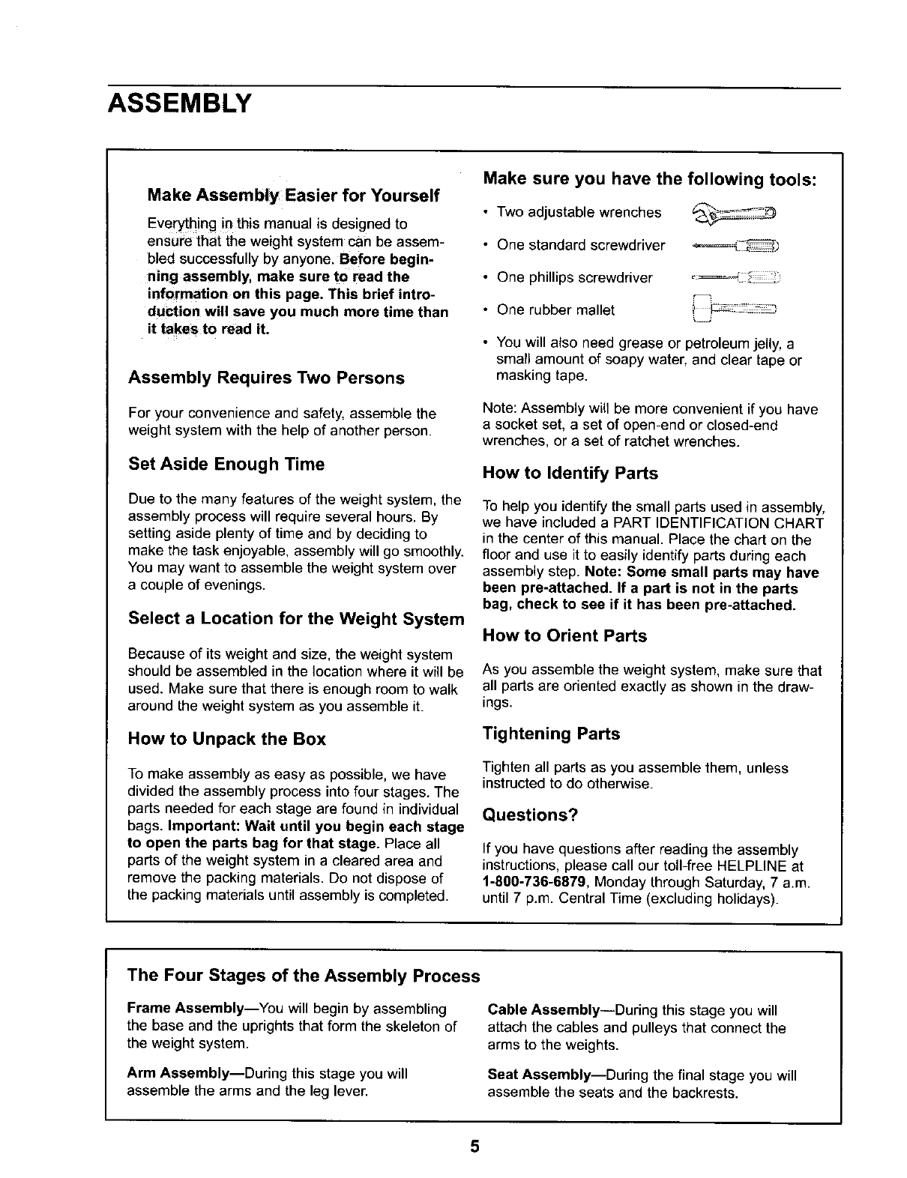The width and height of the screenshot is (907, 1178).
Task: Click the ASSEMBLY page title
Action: coord(178,101)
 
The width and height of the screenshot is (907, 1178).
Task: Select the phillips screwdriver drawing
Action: coord(735,278)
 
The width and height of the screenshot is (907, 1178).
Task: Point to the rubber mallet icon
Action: coord(734,308)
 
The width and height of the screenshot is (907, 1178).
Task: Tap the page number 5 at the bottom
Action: coord(474,1148)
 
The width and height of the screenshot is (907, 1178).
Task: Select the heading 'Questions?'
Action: coord(530,815)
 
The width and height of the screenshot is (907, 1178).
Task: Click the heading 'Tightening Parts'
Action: coord(551,734)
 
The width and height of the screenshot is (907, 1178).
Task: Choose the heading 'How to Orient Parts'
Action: coord(564,636)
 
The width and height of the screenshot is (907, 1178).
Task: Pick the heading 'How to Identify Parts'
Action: coord(570,474)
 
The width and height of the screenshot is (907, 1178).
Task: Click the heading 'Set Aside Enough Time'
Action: coord(226,465)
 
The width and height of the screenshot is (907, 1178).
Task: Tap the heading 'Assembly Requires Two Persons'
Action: coord(266,378)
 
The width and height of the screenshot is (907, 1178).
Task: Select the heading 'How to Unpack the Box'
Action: coord(226,740)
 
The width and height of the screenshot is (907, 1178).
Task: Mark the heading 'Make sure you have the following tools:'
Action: coord(650,179)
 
